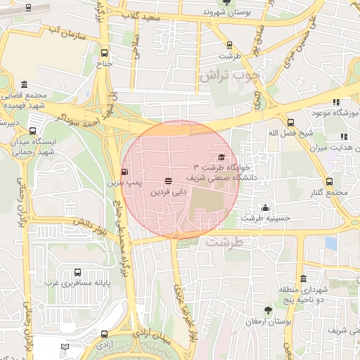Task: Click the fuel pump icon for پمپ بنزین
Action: (x=126, y=172)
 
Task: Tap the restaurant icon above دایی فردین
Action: (x=168, y=181)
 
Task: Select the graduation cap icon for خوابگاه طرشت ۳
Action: (x=222, y=157)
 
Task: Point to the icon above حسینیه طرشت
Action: (x=265, y=207)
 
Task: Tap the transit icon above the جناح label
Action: (x=105, y=53)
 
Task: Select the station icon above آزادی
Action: (x=105, y=335)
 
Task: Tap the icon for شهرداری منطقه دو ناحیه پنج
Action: (x=303, y=278)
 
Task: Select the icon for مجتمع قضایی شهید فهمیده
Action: (x=25, y=84)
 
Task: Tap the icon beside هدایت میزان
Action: (x=343, y=136)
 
